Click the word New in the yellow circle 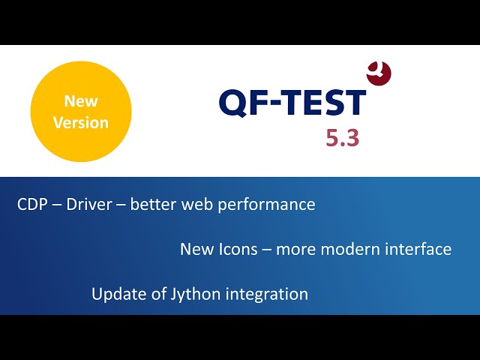(x=81, y=101)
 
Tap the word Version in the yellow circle (x=81, y=123)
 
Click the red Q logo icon (x=379, y=73)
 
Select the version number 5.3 (x=342, y=138)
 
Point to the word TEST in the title (x=325, y=102)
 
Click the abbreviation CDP (x=32, y=204)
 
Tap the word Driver (x=89, y=204)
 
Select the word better (x=153, y=204)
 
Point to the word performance (x=267, y=205)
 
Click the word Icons (x=238, y=249)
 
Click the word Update (x=118, y=295)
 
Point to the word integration (x=267, y=295)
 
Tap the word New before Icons (x=196, y=249)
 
